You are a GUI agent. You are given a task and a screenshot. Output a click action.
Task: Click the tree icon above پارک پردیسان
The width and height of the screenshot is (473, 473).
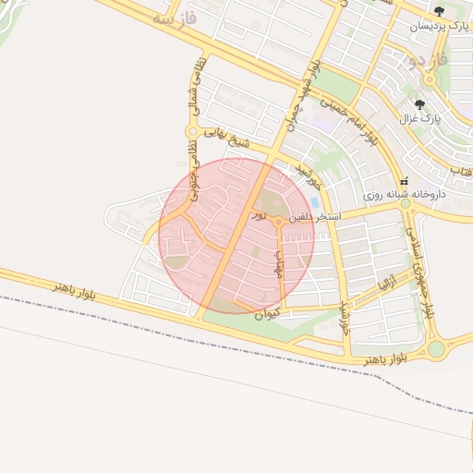pyautogui.click(x=439, y=11)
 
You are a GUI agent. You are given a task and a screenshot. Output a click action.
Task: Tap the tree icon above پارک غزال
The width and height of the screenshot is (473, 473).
pyautogui.click(x=421, y=104)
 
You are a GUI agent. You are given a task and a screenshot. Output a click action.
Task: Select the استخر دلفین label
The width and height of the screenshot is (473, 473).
pyautogui.click(x=315, y=218)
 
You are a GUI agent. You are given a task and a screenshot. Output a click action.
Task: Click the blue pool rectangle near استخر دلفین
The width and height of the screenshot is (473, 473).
pyautogui.click(x=316, y=201)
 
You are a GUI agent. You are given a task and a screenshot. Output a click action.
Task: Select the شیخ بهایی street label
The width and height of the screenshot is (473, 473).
pyautogui.click(x=227, y=139)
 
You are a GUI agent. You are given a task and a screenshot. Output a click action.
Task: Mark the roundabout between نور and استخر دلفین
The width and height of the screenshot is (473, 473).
pyautogui.click(x=278, y=222)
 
